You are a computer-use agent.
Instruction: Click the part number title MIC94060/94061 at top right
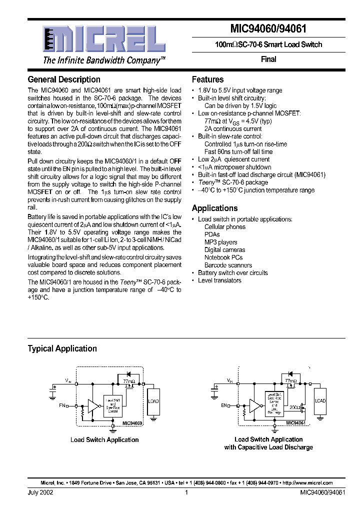tap(268, 28)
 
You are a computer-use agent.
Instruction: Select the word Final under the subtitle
tap(268, 59)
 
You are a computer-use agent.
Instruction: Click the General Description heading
tap(64, 79)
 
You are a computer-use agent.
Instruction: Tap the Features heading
tap(207, 79)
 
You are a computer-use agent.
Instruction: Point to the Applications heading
tap(214, 208)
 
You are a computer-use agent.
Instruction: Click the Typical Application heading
tap(62, 348)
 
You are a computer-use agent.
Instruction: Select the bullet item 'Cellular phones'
tap(225, 227)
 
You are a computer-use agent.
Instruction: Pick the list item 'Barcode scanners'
tap(228, 265)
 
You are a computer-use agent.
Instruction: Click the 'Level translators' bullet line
tap(219, 280)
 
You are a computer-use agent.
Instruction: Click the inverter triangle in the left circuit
tap(93, 405)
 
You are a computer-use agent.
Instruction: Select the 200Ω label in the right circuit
tap(295, 407)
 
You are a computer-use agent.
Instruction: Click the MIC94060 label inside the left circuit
tap(132, 423)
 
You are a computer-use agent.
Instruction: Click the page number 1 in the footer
tap(186, 492)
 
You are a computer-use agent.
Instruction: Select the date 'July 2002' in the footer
tap(40, 492)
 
